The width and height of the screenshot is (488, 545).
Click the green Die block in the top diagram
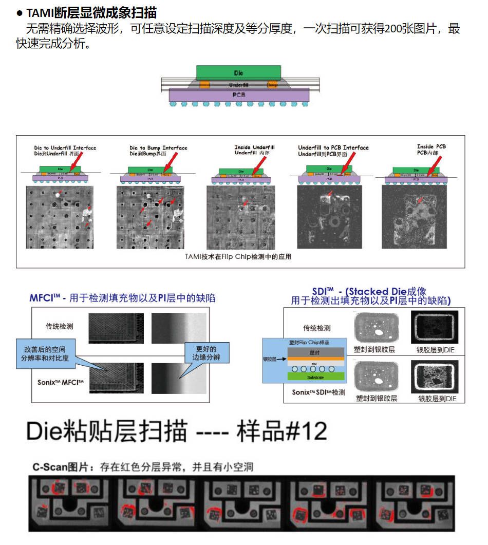pyautogui.click(x=238, y=72)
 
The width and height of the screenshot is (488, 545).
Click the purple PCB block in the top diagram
pyautogui.click(x=239, y=95)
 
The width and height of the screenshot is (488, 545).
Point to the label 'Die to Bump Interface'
pyautogui.click(x=158, y=148)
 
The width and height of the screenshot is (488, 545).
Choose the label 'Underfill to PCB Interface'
pyautogui.click(x=333, y=147)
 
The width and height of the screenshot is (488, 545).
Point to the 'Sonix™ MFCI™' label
pyautogui.click(x=60, y=383)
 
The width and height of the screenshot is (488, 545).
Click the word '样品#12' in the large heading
pyautogui.click(x=281, y=431)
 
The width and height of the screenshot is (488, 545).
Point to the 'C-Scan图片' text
pyautogui.click(x=57, y=467)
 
